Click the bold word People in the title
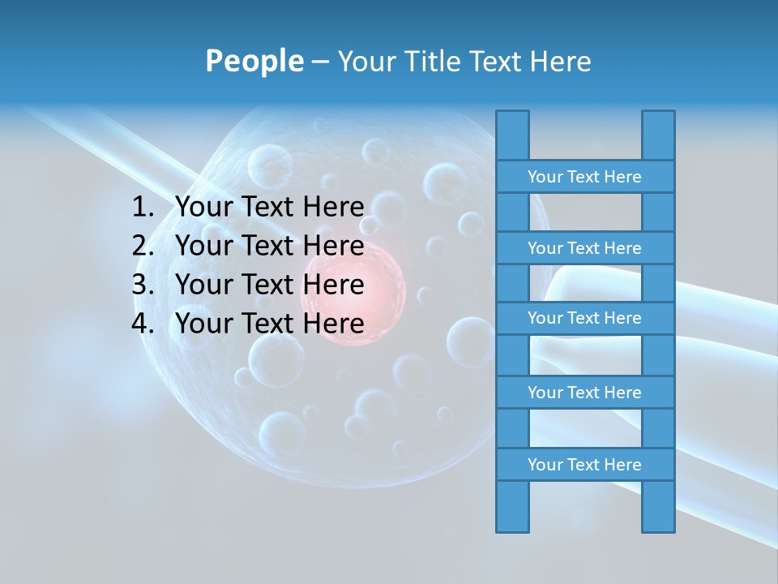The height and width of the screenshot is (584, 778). click(254, 61)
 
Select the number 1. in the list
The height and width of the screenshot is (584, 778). click(143, 208)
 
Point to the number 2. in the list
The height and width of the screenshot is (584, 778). click(143, 246)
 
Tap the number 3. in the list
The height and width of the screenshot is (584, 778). click(143, 285)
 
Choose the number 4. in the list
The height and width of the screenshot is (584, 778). click(143, 324)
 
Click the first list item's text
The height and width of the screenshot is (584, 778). click(269, 208)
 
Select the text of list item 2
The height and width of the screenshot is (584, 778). click(269, 246)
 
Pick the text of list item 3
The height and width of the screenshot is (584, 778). click(269, 285)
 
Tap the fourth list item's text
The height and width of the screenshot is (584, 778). click(269, 324)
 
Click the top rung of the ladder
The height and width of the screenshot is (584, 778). click(584, 177)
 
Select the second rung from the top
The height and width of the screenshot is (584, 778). click(584, 248)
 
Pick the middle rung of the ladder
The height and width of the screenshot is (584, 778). click(584, 318)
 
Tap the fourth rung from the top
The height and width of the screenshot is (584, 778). click(584, 393)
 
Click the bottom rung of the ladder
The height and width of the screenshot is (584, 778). click(584, 465)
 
